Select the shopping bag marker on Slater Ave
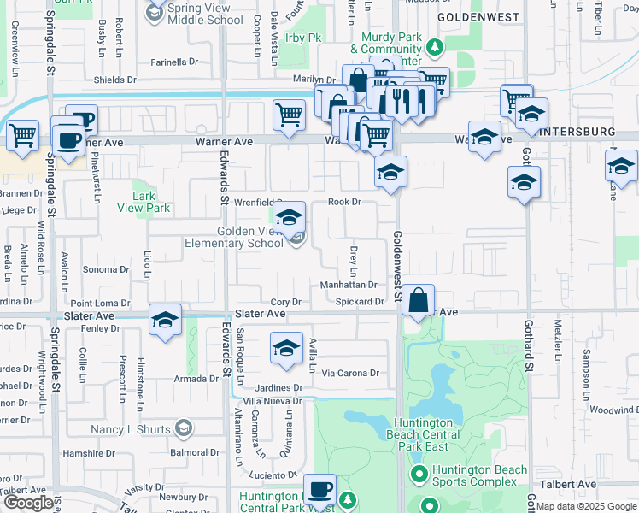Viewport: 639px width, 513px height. tap(418, 301)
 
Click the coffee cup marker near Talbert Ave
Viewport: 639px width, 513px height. tap(320, 490)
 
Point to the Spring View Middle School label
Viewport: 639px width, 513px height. tap(205, 13)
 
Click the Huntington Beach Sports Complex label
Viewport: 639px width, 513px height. tap(472, 476)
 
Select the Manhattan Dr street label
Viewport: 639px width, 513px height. tap(349, 285)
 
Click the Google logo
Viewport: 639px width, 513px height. tap(28, 503)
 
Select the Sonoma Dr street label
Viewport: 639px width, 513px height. tap(106, 269)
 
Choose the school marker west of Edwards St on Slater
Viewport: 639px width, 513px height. tap(165, 321)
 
